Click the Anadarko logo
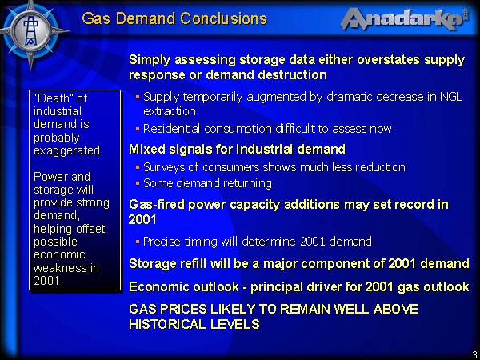click(404, 19)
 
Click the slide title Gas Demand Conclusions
click(174, 18)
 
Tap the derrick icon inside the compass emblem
click(30, 30)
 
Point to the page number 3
click(475, 354)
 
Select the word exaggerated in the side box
click(68, 151)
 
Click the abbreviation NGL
click(450, 97)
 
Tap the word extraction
click(170, 111)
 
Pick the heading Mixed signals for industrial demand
click(238, 149)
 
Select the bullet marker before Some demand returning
click(138, 184)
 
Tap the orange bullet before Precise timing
click(138, 242)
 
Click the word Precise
click(162, 242)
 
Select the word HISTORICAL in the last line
click(162, 324)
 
